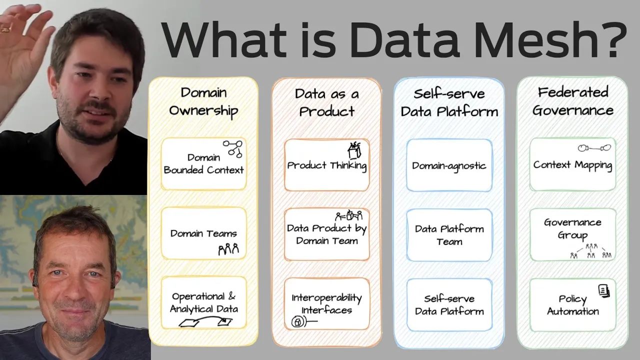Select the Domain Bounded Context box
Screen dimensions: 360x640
(203, 164)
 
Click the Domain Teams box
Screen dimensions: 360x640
(203, 233)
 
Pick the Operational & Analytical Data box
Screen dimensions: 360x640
(203, 303)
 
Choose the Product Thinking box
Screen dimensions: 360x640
(326, 165)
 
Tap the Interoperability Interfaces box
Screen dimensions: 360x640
(326, 304)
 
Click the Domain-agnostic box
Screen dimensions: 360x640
(449, 165)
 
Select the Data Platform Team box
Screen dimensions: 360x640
(449, 235)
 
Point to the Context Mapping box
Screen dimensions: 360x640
(572, 164)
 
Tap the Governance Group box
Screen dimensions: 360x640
(572, 234)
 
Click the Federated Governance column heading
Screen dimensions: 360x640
(572, 101)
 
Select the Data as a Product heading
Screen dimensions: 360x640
(326, 102)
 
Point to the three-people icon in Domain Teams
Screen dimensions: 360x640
(228, 248)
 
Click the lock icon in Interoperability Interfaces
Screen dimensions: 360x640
(297, 322)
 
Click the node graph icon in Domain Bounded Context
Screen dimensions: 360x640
(232, 148)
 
